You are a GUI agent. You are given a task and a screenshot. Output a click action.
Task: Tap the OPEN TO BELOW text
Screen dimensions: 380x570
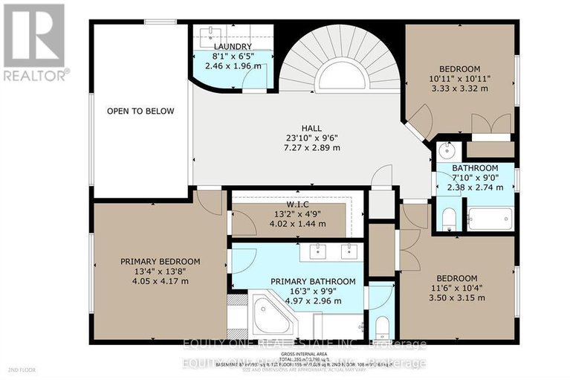[x=140, y=112]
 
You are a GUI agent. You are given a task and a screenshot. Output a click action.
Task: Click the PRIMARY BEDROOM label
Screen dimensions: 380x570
[x=161, y=261]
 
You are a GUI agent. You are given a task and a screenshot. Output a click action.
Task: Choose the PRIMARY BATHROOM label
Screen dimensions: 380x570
[x=312, y=281]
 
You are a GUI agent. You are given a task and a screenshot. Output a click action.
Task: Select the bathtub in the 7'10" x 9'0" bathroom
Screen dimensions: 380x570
[x=490, y=219]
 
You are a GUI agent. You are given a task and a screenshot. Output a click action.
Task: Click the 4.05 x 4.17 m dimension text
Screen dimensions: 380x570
[x=161, y=283]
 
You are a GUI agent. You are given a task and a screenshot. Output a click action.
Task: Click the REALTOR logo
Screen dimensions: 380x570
[x=35, y=41]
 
